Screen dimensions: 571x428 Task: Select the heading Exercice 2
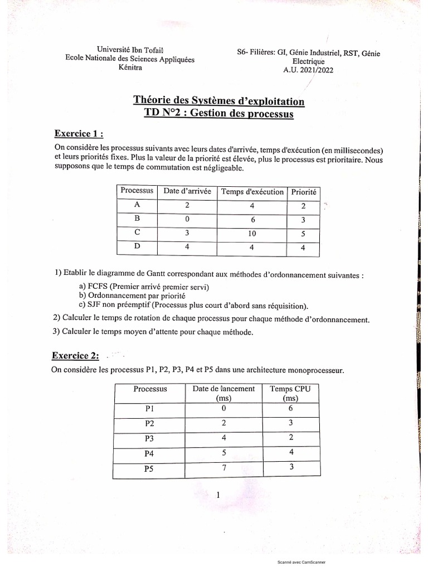pos(75,355)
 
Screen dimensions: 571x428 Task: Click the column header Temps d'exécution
pos(252,192)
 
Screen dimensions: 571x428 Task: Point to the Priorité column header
pos(304,192)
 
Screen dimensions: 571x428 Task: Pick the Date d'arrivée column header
pos(187,191)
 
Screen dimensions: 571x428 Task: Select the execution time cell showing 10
pos(252,234)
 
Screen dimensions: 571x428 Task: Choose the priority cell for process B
pos(303,219)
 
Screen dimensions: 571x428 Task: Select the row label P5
pos(149,469)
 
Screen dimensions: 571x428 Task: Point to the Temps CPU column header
pos(290,394)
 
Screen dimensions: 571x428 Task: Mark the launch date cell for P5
pos(223,467)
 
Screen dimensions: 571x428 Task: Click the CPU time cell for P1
pos(290,408)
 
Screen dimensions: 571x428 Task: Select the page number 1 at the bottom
pos(218,495)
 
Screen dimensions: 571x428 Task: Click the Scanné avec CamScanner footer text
pos(301,563)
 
